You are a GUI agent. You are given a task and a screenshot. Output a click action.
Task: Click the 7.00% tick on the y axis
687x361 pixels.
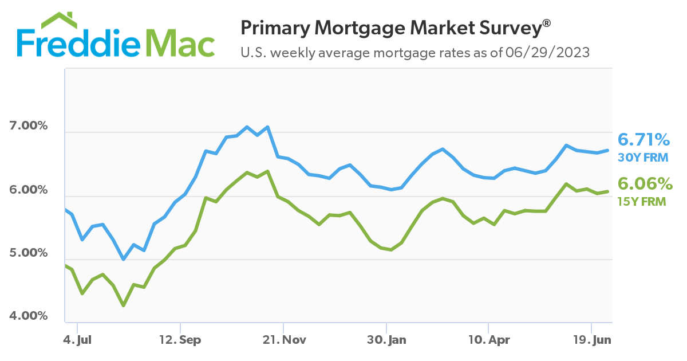(x=29, y=125)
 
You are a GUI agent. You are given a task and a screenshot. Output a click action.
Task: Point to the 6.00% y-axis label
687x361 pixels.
(x=29, y=189)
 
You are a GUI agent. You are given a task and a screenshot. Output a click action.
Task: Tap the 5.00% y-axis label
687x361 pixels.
(x=29, y=253)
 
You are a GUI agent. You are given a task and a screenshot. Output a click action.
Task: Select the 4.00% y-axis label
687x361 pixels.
(x=29, y=316)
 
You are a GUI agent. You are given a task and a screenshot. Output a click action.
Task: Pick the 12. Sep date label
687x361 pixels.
(x=180, y=340)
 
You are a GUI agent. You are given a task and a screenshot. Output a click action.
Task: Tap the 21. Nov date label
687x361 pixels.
(x=284, y=340)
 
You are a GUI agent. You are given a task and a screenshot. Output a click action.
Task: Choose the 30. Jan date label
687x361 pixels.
(x=386, y=340)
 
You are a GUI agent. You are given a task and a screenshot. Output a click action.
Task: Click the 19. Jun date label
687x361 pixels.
(x=592, y=340)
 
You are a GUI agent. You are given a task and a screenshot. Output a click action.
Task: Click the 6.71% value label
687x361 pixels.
(x=643, y=140)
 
